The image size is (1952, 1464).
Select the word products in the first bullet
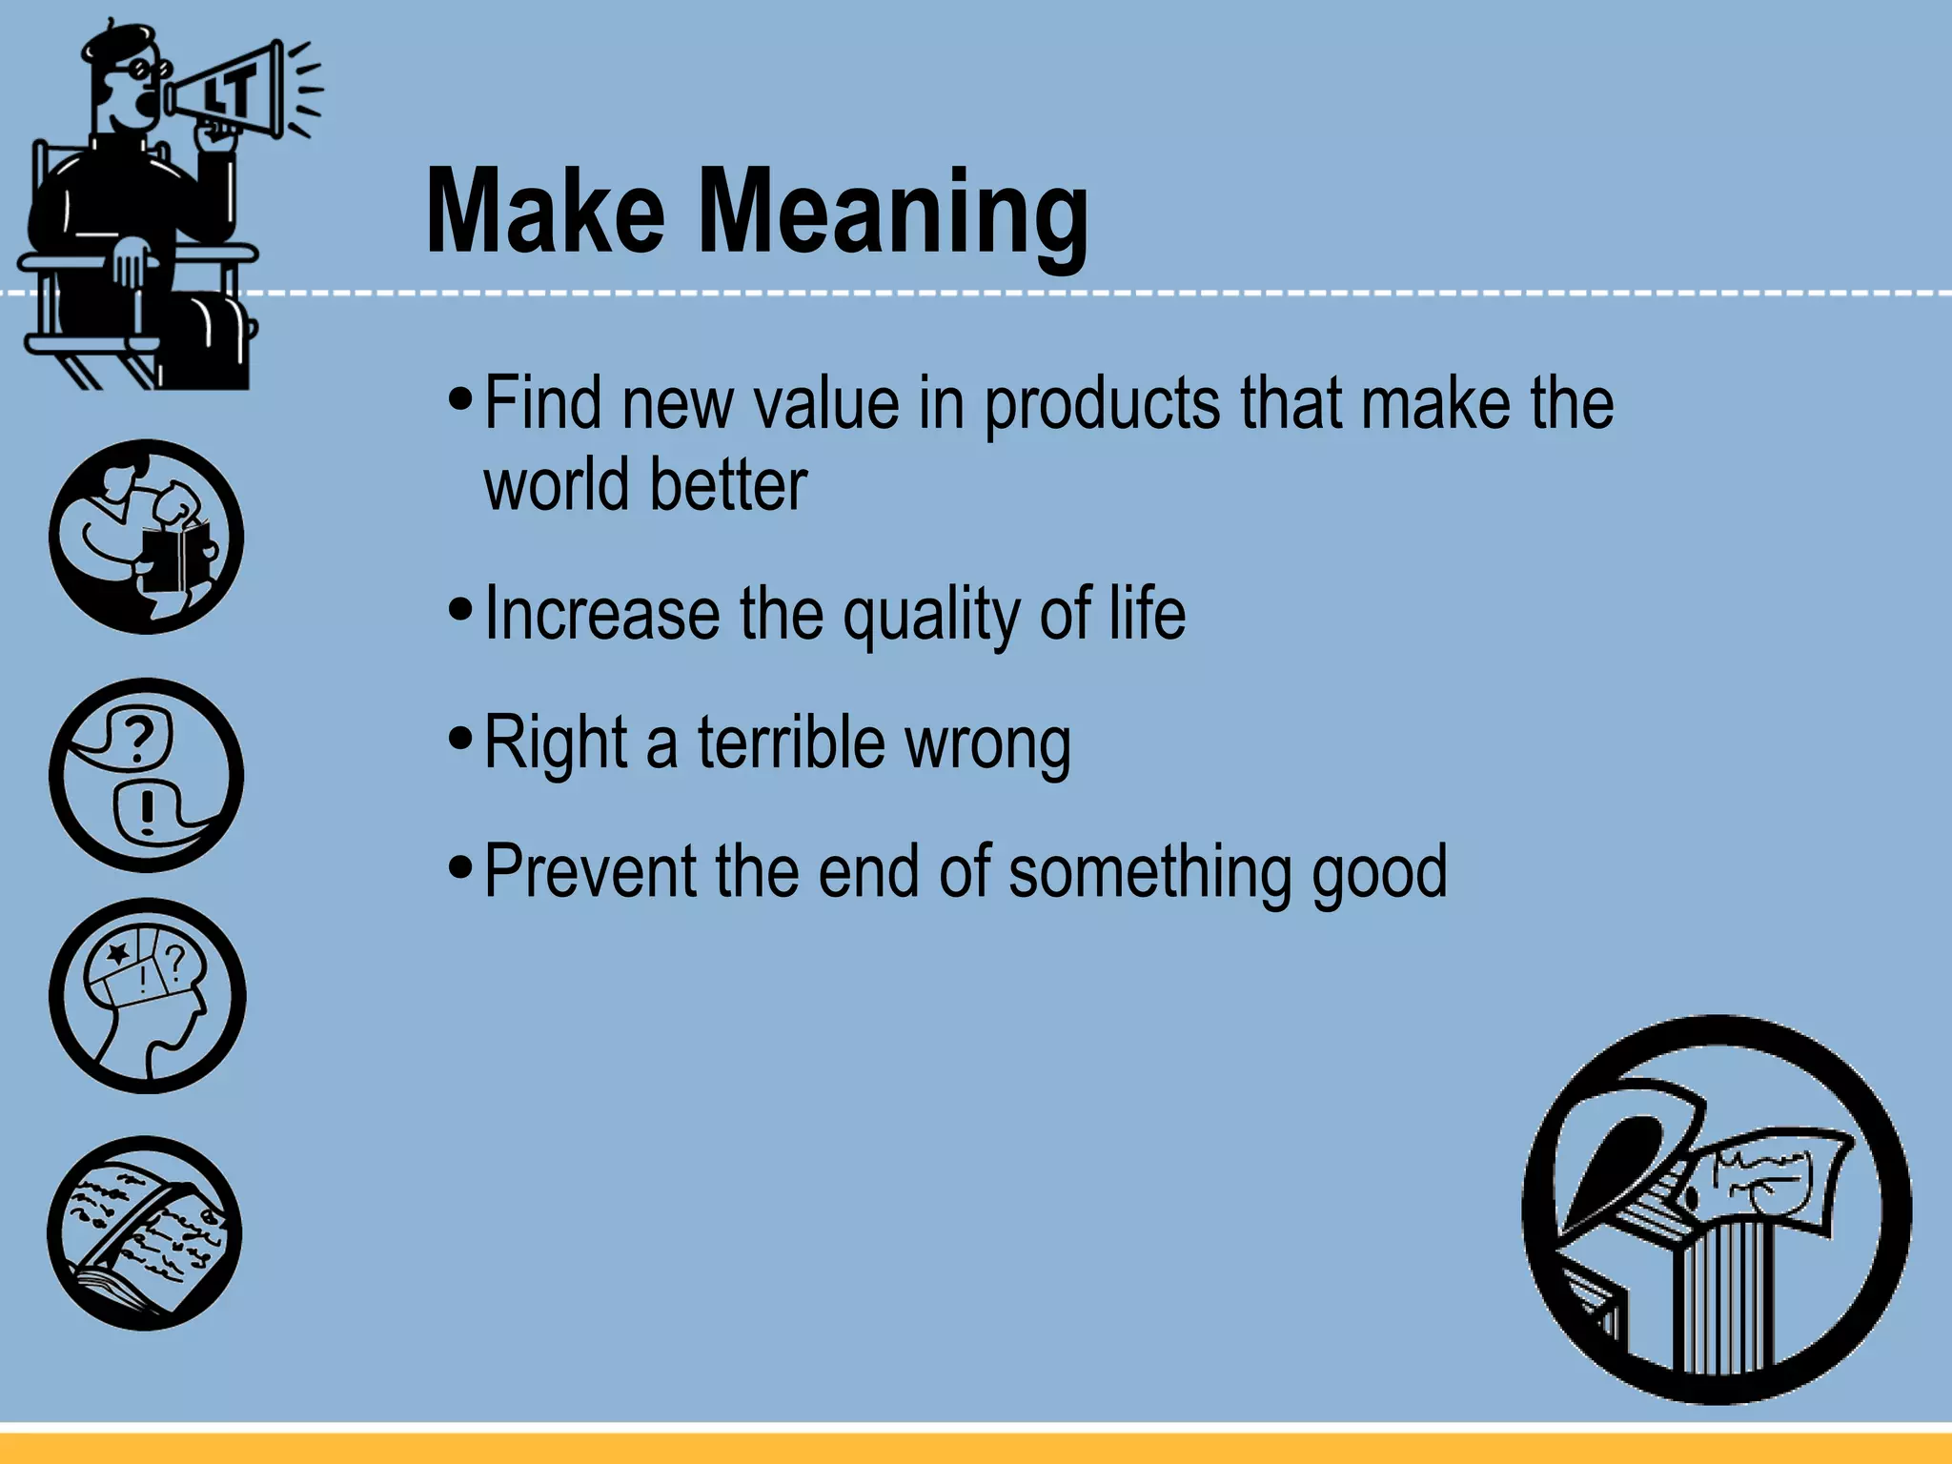point(1101,405)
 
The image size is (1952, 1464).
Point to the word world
point(556,485)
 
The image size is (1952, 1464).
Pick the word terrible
point(791,742)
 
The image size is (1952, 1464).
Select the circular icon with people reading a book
point(146,537)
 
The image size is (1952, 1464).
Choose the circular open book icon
point(145,1233)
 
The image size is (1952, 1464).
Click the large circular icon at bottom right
point(1716,1210)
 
